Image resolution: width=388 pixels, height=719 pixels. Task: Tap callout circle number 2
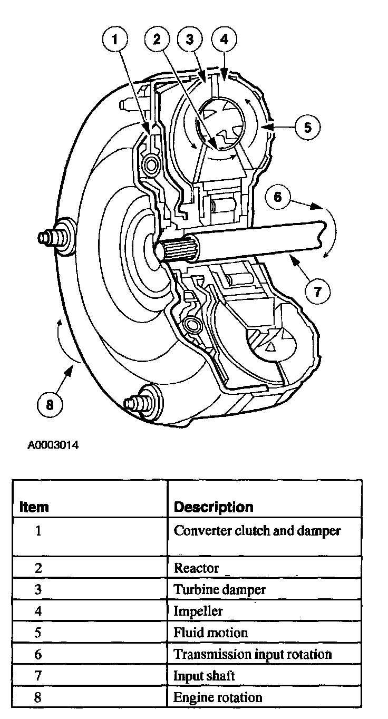[158, 38]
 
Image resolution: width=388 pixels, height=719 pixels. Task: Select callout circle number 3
[190, 38]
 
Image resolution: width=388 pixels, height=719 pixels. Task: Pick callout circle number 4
[224, 38]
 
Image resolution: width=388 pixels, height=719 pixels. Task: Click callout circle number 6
[278, 198]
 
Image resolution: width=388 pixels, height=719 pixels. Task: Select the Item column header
[34, 507]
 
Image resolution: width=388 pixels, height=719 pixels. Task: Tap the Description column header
[214, 507]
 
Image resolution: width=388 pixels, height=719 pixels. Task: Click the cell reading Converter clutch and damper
[257, 530]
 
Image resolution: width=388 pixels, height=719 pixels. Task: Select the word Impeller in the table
[198, 611]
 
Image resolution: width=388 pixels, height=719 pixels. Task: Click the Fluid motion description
[210, 632]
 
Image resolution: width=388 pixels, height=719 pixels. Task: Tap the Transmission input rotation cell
[253, 654]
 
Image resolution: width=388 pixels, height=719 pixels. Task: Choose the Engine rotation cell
[218, 697]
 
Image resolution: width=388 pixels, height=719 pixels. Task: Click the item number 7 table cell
[37, 676]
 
